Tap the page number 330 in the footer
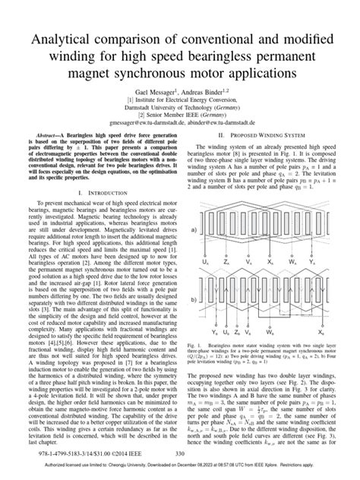(180, 454)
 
